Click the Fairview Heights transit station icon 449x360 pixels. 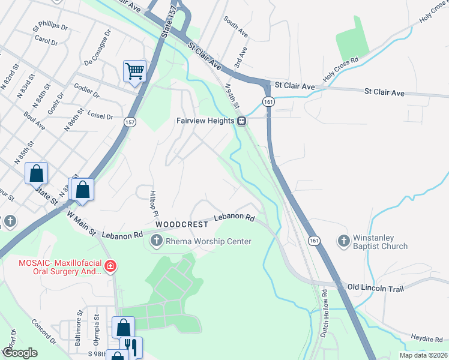coord(241,121)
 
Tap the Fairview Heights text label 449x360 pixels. coord(205,121)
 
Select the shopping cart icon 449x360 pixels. coord(135,71)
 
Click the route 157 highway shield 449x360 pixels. coord(130,122)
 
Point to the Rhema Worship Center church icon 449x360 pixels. coord(156,241)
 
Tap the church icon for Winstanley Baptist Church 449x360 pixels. coord(344,241)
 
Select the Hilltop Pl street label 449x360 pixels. coord(154,205)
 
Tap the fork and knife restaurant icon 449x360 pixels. coord(131,347)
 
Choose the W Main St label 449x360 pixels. coord(81,223)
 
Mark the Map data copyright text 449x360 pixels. coord(422,355)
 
